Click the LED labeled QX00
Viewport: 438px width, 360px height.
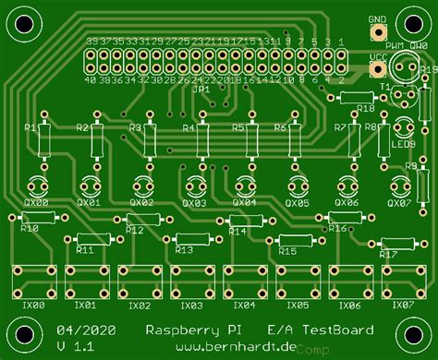[x=37, y=183]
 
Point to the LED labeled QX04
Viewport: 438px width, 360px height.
[x=245, y=183]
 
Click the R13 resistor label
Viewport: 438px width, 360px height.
[x=184, y=250]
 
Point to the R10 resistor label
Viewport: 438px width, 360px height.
[x=30, y=227]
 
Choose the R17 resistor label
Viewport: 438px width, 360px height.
[x=388, y=254]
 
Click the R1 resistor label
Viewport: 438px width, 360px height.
[x=30, y=127]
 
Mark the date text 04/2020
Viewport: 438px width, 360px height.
[x=79, y=330]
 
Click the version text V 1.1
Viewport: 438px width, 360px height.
[x=73, y=345]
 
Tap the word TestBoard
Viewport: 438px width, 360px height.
[x=339, y=330]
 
